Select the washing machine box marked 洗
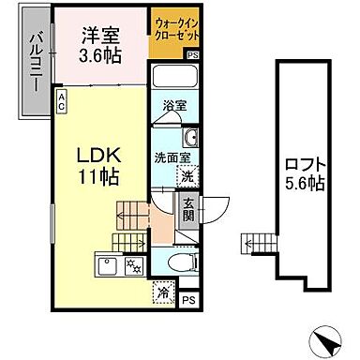tap(187, 174)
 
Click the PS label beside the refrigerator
tap(188, 300)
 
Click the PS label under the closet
tap(192, 56)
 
